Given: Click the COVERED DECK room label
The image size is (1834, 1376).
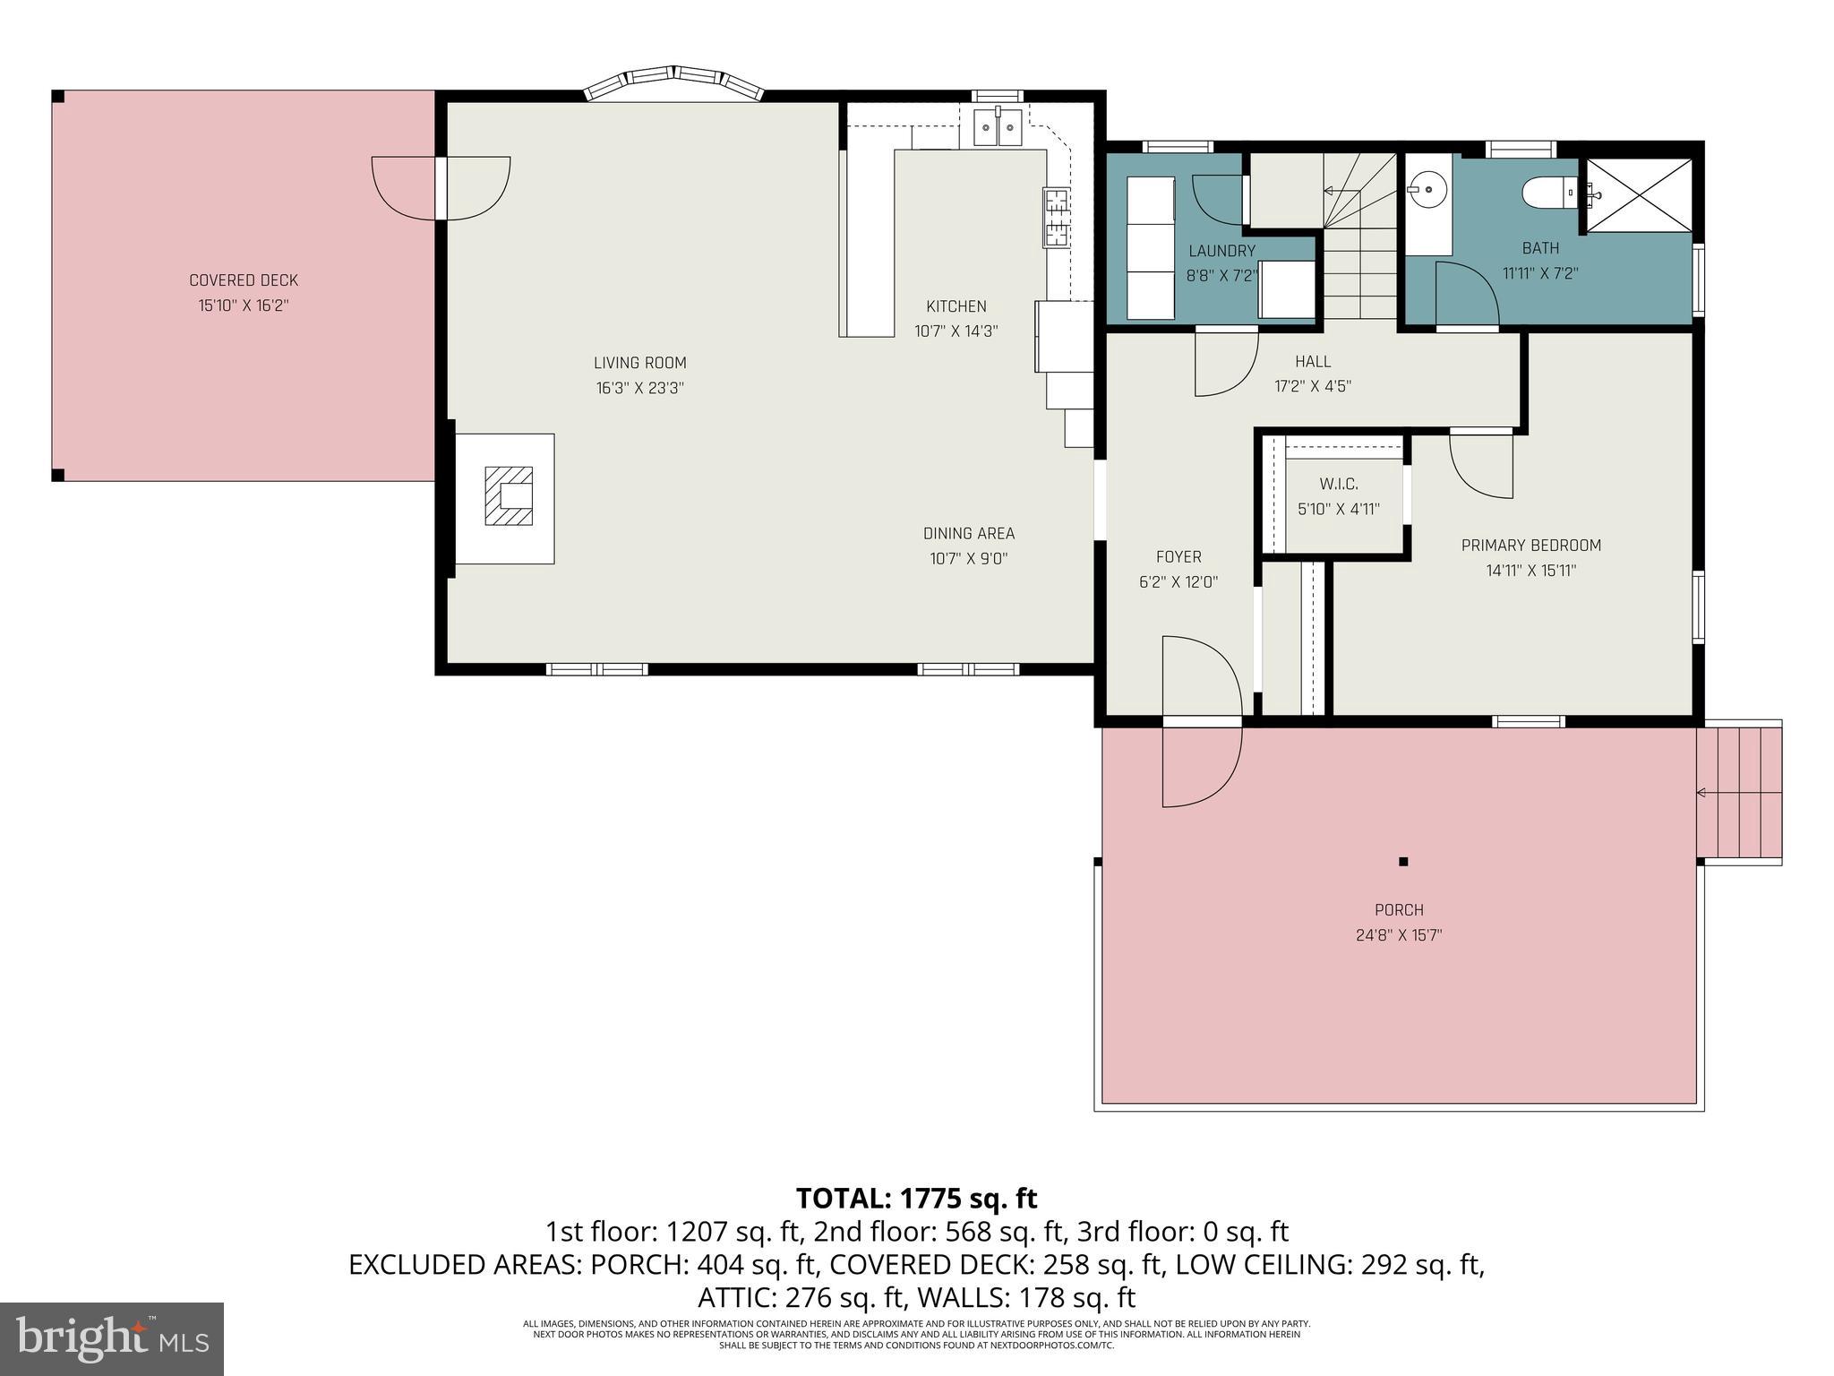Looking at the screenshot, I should click(243, 280).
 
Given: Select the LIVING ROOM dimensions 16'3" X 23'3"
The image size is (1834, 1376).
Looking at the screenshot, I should click(639, 388).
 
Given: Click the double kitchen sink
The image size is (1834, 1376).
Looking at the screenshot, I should click(998, 128).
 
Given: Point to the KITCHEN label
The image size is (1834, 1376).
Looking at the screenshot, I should click(956, 306).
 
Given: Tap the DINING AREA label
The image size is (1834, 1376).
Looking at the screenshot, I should click(968, 534).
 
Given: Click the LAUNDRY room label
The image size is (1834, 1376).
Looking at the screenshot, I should click(1221, 251).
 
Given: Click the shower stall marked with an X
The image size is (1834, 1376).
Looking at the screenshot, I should click(1639, 195).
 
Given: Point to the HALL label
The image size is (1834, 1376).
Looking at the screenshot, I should click(1312, 362).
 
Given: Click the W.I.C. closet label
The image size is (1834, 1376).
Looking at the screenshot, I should click(1338, 485).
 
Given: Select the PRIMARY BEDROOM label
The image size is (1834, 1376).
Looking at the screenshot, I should click(1530, 546).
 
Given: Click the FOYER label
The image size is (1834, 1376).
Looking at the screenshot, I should click(1178, 557).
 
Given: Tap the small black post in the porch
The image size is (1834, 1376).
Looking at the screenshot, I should click(1403, 862).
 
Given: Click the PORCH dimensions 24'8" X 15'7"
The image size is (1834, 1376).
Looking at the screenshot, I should click(1398, 935).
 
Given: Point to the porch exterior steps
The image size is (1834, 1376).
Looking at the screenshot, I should click(1738, 793).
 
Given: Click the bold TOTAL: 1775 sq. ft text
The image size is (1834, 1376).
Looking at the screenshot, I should click(916, 1198).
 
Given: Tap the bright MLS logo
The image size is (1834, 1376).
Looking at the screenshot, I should click(112, 1338).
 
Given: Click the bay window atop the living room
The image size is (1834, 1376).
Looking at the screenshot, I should click(673, 81).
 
